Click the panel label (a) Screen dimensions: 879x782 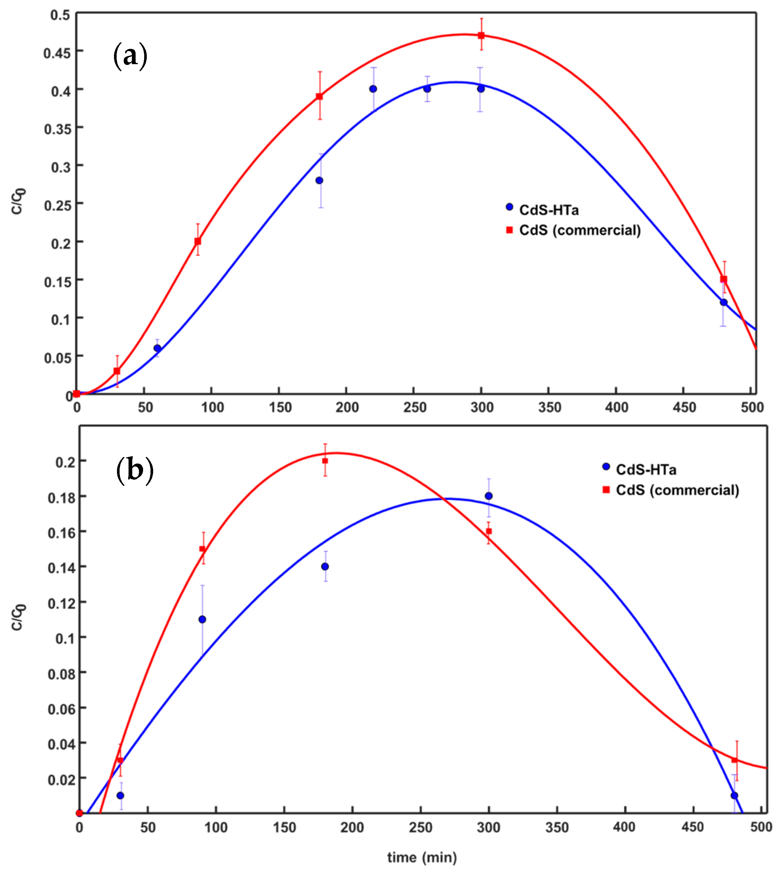click(x=130, y=56)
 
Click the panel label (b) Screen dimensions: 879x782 click(x=134, y=471)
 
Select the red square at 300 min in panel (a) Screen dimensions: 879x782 click(x=481, y=36)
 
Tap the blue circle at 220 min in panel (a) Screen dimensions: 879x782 click(x=373, y=89)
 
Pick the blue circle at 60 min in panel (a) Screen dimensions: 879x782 click(x=157, y=348)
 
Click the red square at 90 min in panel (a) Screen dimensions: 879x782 click(x=198, y=241)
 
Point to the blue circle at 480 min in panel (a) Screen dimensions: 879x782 click(x=724, y=302)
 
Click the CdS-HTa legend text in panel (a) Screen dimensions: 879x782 click(x=549, y=210)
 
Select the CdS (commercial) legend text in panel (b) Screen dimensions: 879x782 click(x=678, y=490)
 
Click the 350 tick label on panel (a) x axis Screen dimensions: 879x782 click(x=549, y=407)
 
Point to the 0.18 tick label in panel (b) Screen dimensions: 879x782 click(x=61, y=498)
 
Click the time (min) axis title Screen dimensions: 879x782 click(x=422, y=857)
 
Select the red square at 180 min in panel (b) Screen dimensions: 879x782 click(x=325, y=461)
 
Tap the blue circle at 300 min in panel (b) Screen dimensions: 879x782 click(x=488, y=496)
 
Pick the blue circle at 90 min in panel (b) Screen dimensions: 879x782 click(x=202, y=619)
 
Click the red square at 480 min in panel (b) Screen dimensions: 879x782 click(x=735, y=760)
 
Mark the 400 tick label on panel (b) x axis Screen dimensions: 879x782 click(x=624, y=827)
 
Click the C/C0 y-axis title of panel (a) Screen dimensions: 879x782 click(x=18, y=201)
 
